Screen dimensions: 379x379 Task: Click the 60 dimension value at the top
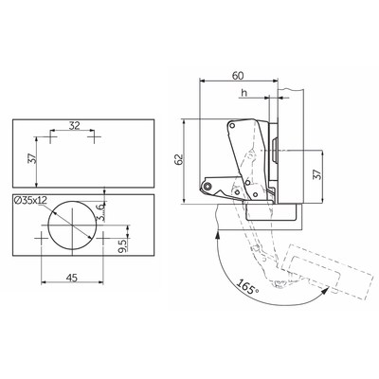[238, 76]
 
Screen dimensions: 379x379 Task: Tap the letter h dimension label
[244, 93]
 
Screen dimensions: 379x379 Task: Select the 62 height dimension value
[179, 159]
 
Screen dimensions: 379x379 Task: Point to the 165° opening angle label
[247, 287]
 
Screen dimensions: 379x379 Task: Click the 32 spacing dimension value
[74, 126]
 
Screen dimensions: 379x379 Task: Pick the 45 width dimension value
[72, 278]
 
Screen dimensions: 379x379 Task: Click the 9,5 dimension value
[122, 245]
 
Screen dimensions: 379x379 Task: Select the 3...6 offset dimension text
[100, 212]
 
